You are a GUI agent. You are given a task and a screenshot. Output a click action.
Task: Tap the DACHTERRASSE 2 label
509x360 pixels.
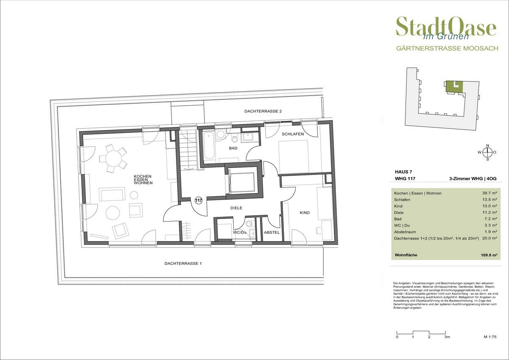click(263, 111)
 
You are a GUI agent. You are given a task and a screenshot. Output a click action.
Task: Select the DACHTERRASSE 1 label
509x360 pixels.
click(183, 264)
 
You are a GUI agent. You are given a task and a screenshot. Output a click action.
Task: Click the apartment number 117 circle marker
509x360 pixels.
click(198, 200)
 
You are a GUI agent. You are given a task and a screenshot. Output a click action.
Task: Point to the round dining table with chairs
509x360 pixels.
click(113, 159)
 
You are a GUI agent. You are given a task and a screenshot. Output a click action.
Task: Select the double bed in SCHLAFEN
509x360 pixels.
click(293, 157)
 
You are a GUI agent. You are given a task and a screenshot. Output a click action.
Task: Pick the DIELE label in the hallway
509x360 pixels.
click(236, 208)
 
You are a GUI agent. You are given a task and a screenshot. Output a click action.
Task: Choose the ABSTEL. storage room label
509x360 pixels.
click(271, 233)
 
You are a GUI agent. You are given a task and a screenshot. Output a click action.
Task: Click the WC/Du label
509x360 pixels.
click(240, 233)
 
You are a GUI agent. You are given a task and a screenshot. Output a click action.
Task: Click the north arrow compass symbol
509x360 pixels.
click(487, 152)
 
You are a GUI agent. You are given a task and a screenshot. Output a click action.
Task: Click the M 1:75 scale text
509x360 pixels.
click(490, 337)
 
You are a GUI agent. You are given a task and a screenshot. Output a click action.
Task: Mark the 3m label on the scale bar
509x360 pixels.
click(447, 337)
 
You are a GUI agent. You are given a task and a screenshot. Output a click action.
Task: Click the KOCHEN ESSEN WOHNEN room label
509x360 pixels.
click(143, 180)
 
